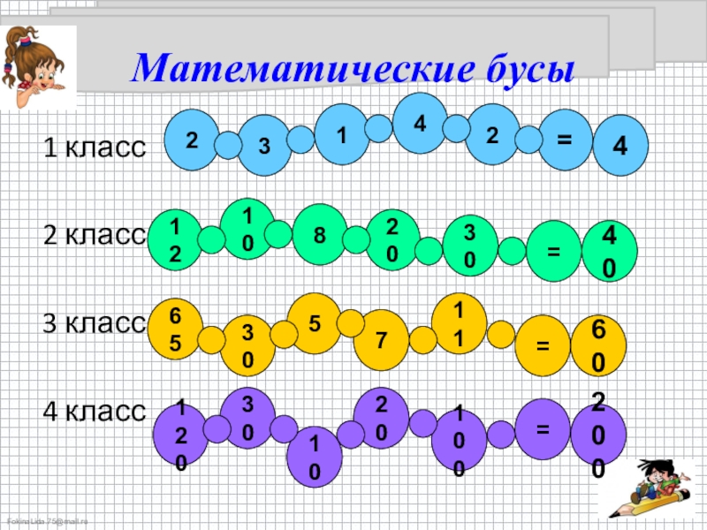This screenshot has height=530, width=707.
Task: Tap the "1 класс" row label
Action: click(x=95, y=148)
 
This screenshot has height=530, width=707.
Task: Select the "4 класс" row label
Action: click(x=95, y=411)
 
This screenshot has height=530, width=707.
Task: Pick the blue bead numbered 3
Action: click(x=264, y=145)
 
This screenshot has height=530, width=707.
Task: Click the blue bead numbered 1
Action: click(x=341, y=134)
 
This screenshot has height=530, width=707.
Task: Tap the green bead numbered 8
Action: click(x=320, y=235)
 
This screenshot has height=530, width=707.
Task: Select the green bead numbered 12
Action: click(x=175, y=238)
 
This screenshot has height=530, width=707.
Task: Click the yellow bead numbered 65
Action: click(x=175, y=328)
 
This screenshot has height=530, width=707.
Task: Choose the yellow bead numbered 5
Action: click(x=315, y=323)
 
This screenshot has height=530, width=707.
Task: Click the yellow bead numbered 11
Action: click(x=458, y=324)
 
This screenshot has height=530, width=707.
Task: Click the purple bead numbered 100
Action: click(x=459, y=440)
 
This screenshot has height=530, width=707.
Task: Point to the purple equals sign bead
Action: click(x=543, y=428)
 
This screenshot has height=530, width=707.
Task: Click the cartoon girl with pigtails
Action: click(x=38, y=71)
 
